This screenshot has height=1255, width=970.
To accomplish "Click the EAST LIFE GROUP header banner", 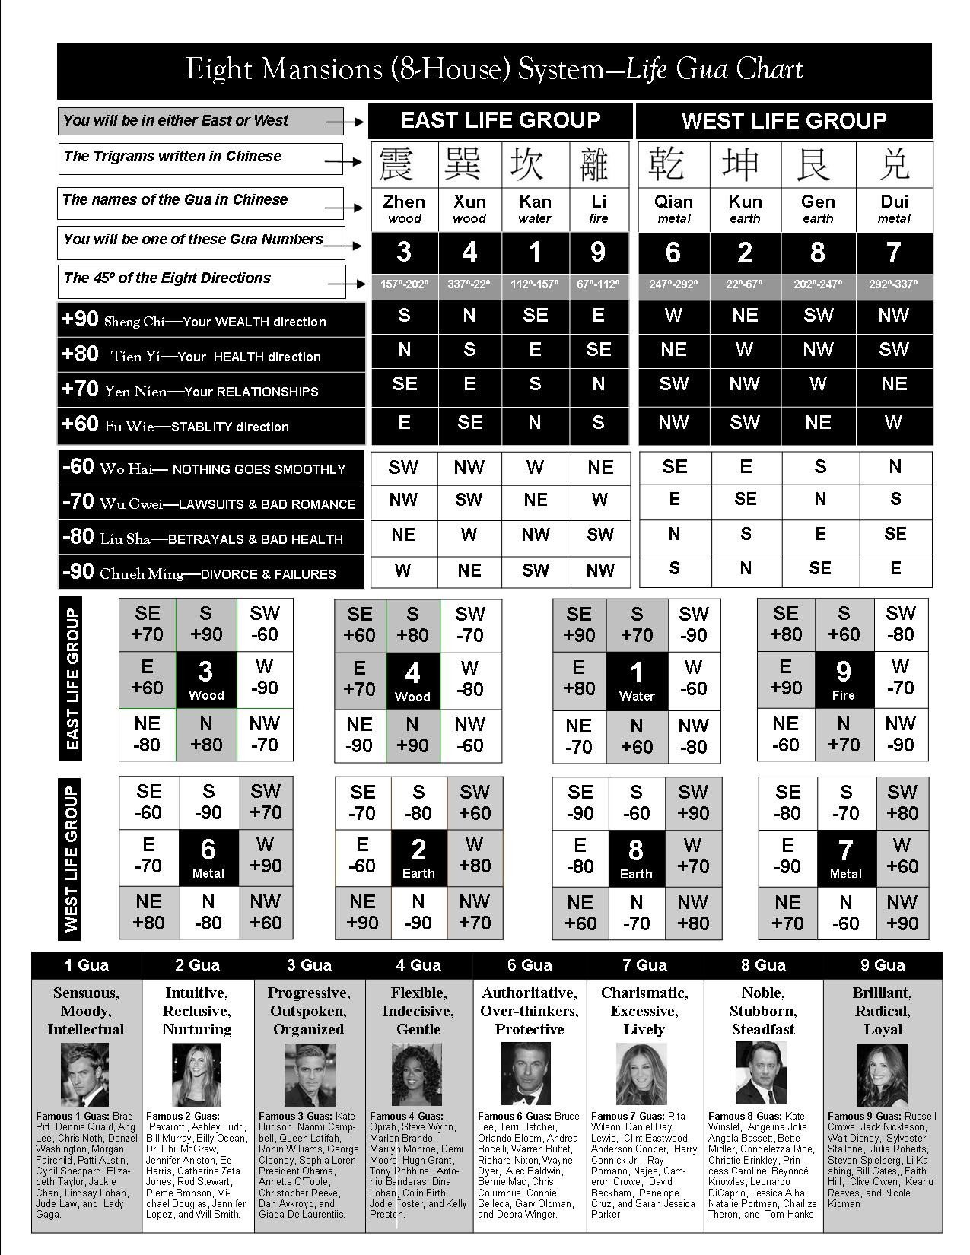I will [500, 120].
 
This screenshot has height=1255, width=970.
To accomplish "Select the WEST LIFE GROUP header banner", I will [784, 120].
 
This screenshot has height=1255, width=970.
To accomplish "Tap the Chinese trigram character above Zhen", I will [404, 164].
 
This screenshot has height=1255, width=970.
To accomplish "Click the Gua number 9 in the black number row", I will [598, 252].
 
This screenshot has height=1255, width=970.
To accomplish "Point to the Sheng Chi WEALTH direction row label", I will [211, 320].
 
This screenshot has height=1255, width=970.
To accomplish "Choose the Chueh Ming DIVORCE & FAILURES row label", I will [211, 573].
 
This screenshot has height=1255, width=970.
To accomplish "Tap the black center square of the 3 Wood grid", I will [206, 679].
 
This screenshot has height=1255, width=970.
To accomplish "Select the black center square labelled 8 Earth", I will [636, 858].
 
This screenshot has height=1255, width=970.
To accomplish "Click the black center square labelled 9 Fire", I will [843, 679].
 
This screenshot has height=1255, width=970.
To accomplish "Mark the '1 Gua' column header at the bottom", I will [87, 965].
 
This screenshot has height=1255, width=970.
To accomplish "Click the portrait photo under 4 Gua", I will [418, 1075].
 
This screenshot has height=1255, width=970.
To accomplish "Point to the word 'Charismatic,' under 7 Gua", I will [644, 993].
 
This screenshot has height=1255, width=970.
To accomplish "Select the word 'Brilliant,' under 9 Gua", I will [883, 993].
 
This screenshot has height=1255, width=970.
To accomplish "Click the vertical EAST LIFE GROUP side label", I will [73, 679].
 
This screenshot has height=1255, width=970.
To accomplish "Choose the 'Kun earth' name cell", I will [745, 208].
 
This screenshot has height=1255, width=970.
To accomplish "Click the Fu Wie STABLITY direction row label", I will [211, 425].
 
